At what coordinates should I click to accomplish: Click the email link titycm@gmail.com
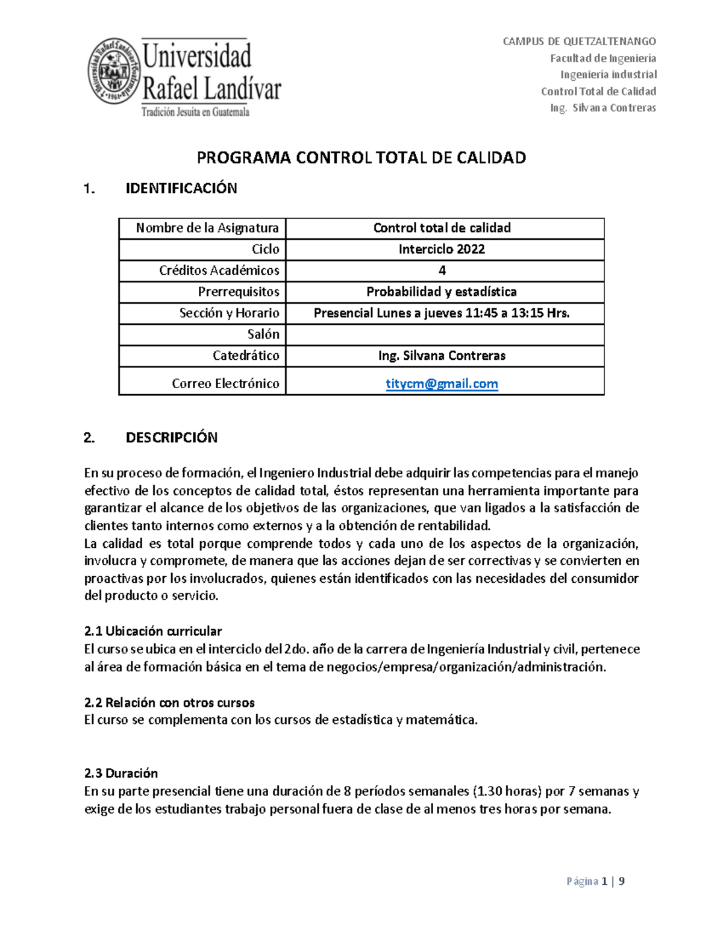(x=442, y=384)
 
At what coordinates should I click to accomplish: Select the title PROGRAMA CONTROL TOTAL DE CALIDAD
(x=361, y=158)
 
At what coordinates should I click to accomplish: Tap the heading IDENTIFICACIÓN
(x=181, y=188)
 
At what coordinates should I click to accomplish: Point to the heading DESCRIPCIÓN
(x=171, y=438)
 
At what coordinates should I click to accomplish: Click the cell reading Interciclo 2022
(x=442, y=249)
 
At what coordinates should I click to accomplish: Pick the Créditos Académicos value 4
(x=442, y=271)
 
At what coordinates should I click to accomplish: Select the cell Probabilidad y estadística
(x=442, y=292)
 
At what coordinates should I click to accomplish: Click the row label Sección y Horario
(x=229, y=313)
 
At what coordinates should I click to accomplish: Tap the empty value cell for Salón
(x=445, y=335)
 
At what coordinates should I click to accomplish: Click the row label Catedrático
(x=246, y=356)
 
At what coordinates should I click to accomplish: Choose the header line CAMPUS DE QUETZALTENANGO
(x=579, y=42)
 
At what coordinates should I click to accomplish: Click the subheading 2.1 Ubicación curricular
(x=153, y=631)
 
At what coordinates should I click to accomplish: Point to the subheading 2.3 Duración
(x=121, y=773)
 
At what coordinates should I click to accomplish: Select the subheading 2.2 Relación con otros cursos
(x=169, y=703)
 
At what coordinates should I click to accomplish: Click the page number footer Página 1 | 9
(x=595, y=881)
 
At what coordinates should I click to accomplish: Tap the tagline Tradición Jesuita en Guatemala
(x=195, y=112)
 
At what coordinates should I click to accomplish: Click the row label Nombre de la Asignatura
(x=207, y=228)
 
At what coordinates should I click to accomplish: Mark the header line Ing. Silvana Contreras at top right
(x=602, y=108)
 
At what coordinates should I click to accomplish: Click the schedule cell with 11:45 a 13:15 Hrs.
(x=442, y=313)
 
